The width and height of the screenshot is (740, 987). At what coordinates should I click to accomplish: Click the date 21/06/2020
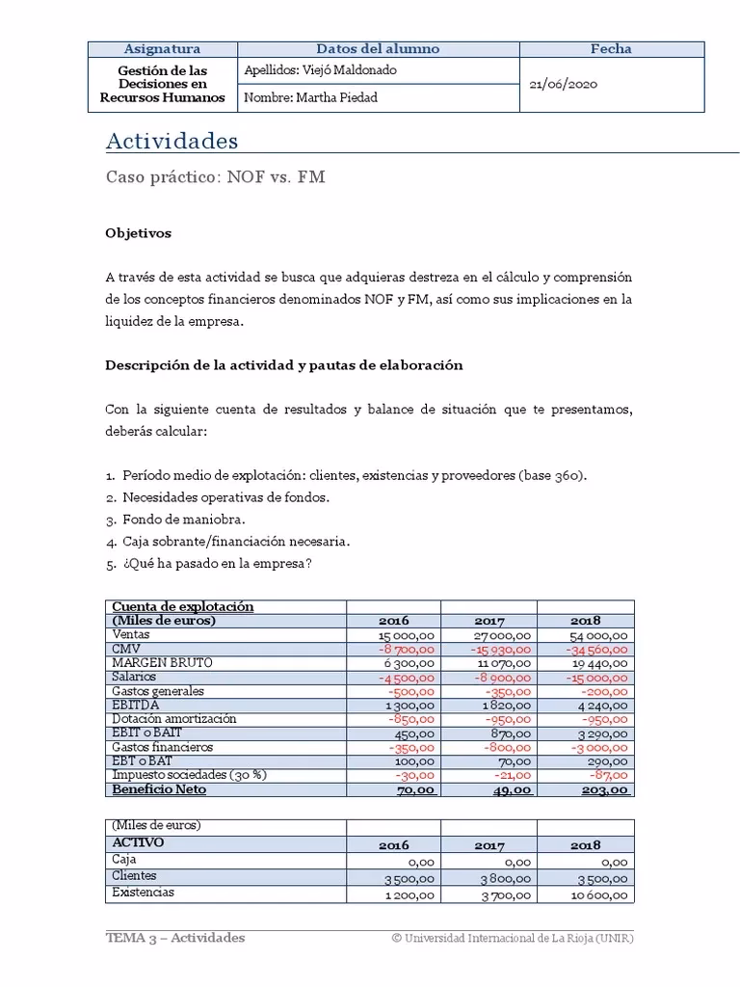pyautogui.click(x=564, y=84)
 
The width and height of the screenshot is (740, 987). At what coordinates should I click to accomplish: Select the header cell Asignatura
pyautogui.click(x=162, y=49)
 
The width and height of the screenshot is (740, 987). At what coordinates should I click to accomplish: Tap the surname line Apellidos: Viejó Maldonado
pyautogui.click(x=321, y=70)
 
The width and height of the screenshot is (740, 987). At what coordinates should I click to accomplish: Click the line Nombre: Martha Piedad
pyautogui.click(x=310, y=98)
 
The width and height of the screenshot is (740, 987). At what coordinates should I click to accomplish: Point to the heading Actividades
pyautogui.click(x=172, y=141)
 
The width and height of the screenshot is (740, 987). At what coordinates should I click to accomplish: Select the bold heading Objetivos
pyautogui.click(x=138, y=232)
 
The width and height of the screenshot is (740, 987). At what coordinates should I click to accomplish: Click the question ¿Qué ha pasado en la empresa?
pyautogui.click(x=217, y=563)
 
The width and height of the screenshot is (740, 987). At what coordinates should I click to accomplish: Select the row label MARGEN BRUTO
pyautogui.click(x=162, y=663)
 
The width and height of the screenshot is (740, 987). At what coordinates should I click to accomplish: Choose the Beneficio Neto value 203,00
pyautogui.click(x=605, y=790)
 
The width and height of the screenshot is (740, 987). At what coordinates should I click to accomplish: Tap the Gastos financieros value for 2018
pyautogui.click(x=598, y=748)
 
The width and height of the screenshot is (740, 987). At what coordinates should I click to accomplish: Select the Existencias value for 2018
pyautogui.click(x=596, y=895)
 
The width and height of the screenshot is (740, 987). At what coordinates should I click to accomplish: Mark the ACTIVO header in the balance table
pyautogui.click(x=138, y=842)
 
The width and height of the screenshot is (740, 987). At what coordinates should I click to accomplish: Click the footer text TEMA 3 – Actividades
pyautogui.click(x=174, y=938)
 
